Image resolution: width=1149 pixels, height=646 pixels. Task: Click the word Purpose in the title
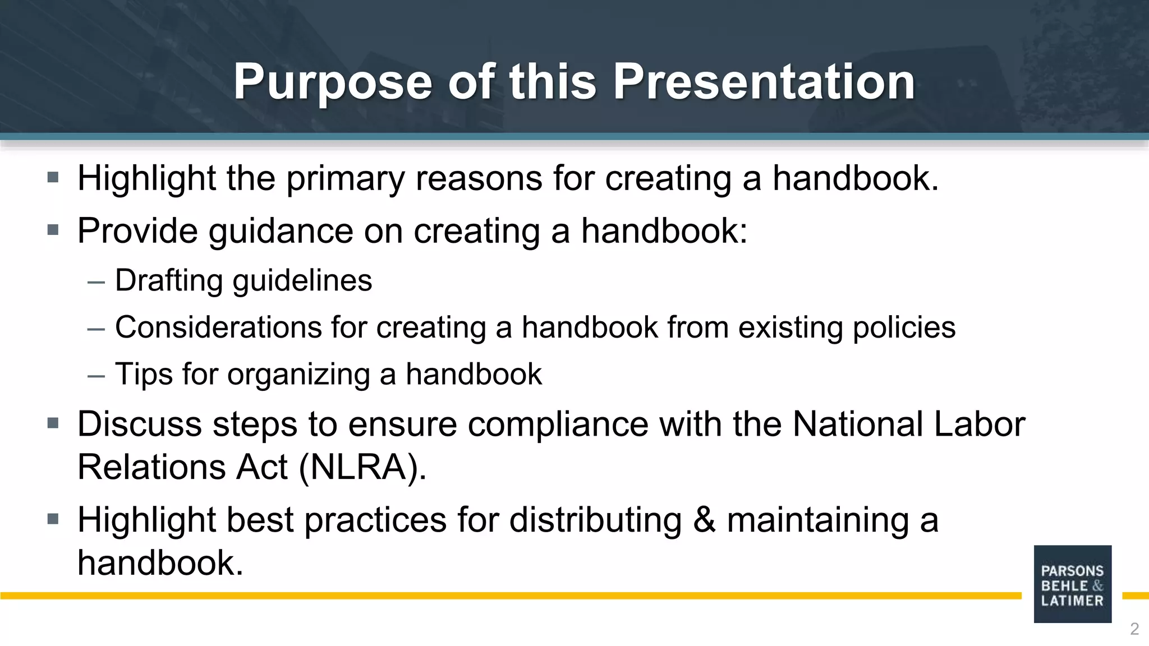(x=332, y=82)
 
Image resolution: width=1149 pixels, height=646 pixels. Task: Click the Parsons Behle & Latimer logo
(x=1072, y=584)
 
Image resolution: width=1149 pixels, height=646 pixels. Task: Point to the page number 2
(x=1134, y=629)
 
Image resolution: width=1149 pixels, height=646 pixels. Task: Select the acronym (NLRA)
(x=362, y=467)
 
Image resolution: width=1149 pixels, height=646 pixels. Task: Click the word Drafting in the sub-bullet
(x=169, y=280)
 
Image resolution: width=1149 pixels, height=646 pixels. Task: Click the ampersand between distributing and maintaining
(x=704, y=520)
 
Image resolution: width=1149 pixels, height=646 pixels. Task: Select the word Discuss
(x=140, y=424)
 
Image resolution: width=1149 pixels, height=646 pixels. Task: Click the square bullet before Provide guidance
(x=53, y=230)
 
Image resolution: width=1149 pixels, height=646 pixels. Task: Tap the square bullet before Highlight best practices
(x=53, y=519)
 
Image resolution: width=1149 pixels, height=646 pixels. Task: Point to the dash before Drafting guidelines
(x=96, y=282)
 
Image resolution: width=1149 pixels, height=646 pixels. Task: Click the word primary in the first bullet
(x=345, y=178)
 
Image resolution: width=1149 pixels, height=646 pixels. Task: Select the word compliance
(x=558, y=424)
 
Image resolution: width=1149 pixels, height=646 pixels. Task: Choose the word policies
(x=904, y=327)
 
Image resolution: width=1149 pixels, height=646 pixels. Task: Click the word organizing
(x=298, y=374)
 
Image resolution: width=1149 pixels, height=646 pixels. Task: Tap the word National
(x=857, y=424)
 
